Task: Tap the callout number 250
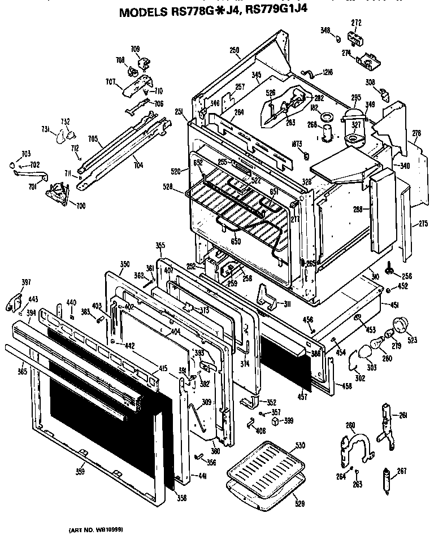235,50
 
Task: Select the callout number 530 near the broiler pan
300,446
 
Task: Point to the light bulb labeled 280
377,343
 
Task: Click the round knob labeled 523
401,325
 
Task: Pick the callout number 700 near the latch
81,206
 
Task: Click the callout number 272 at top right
356,23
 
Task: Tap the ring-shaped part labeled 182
326,117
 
